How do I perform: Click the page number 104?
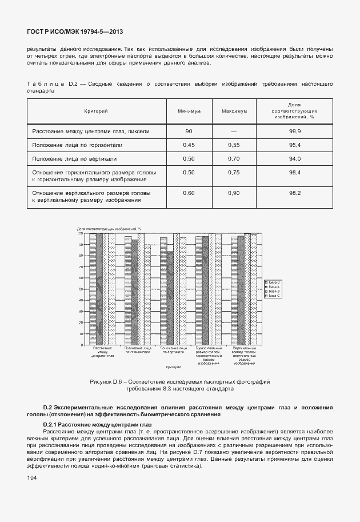(32, 476)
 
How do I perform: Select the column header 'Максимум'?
(234, 111)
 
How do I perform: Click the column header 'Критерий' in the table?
(96, 111)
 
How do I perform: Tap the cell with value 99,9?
(295, 131)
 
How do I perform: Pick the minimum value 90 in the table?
(189, 131)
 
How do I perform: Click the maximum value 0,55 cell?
(234, 145)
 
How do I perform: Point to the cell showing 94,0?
(295, 158)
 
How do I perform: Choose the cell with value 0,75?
(234, 172)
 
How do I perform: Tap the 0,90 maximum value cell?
(234, 193)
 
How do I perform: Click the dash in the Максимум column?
(234, 131)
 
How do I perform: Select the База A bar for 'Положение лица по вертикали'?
(170, 297)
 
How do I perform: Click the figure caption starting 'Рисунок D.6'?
(179, 384)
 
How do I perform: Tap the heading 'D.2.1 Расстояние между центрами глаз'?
(97, 425)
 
